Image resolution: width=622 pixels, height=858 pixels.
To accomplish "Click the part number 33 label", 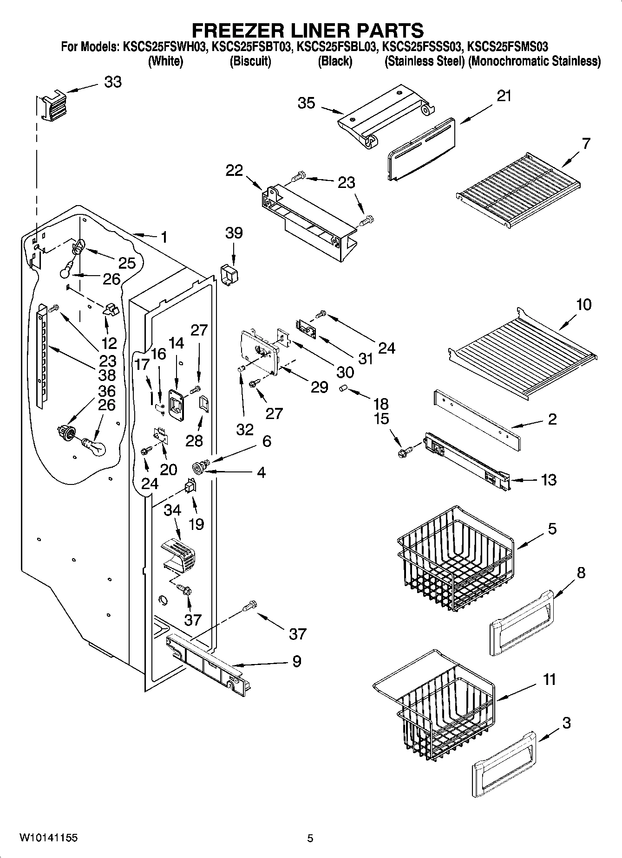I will (x=113, y=82).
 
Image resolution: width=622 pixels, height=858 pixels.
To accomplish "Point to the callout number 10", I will (x=583, y=305).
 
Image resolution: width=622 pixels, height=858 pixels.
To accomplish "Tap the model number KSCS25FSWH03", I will (x=164, y=46).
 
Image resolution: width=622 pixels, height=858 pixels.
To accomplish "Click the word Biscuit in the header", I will (x=250, y=61).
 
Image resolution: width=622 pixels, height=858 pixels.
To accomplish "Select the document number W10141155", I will (x=48, y=838).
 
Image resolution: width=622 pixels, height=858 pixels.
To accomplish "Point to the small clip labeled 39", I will (x=229, y=275).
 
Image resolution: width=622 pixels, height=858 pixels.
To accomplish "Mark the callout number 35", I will (x=307, y=103).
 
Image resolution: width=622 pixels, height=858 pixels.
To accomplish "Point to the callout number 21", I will (x=504, y=96).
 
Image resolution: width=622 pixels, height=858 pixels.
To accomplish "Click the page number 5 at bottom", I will (x=310, y=838).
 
